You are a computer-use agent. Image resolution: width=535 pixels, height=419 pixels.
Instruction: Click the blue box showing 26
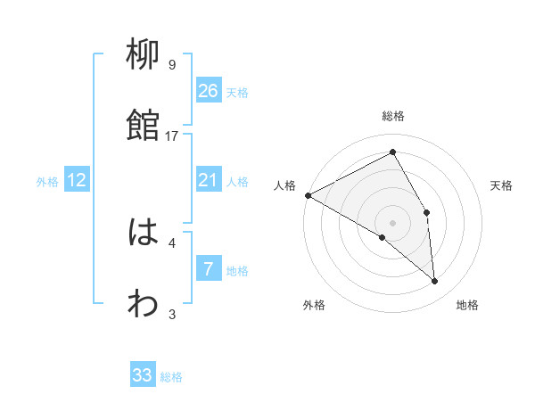[208, 91]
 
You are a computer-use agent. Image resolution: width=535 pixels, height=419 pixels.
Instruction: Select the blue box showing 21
[208, 181]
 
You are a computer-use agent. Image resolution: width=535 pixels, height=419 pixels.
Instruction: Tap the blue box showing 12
[77, 181]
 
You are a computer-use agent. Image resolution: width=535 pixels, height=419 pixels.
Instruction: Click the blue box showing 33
[143, 375]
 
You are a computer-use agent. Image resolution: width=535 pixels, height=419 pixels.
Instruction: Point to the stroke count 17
[172, 136]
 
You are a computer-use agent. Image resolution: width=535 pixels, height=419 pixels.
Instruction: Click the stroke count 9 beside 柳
[172, 64]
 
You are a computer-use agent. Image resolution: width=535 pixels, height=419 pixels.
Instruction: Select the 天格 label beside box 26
[237, 92]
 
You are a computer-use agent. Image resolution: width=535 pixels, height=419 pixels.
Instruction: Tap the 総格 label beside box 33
[171, 377]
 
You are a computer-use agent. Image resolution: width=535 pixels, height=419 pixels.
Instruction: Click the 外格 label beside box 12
[47, 182]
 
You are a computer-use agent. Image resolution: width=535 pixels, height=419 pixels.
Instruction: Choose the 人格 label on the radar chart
[285, 185]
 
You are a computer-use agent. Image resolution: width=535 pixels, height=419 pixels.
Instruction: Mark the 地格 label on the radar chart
[467, 306]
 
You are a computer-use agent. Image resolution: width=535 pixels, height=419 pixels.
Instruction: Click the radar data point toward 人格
[308, 195]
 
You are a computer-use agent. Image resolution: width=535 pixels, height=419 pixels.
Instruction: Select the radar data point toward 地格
[434, 282]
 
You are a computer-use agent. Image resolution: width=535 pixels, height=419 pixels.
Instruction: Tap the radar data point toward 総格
[392, 152]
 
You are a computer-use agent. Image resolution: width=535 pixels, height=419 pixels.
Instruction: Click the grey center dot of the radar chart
[392, 222]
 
